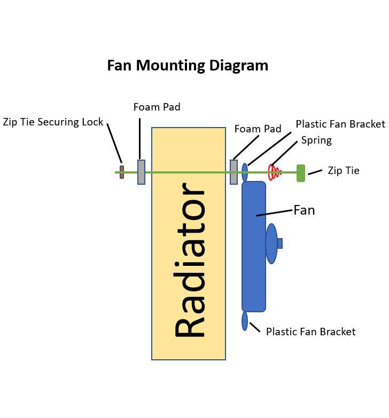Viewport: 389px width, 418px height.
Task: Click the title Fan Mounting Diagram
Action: click(x=188, y=66)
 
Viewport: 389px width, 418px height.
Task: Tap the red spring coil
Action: click(x=274, y=172)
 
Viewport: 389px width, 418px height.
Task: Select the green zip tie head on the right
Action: click(x=301, y=173)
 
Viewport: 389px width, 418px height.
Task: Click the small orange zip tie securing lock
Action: click(x=122, y=172)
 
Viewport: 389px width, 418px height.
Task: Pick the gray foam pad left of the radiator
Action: click(x=141, y=172)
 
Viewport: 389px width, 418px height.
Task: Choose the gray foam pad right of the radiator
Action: click(x=234, y=172)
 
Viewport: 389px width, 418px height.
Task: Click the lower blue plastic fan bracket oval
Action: click(x=245, y=321)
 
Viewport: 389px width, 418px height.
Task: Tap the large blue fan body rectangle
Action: click(x=253, y=267)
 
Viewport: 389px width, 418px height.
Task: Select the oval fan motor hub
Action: click(x=271, y=243)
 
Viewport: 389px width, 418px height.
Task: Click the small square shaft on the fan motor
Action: click(x=279, y=243)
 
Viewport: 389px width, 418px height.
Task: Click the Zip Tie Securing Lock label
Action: click(x=53, y=122)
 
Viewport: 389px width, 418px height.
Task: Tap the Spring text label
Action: click(x=316, y=140)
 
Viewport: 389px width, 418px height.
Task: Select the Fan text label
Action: click(x=304, y=210)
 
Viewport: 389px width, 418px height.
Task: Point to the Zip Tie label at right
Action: click(x=343, y=171)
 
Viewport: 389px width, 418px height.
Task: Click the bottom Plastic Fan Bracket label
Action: click(x=310, y=332)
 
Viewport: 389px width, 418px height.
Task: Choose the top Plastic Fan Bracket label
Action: click(x=340, y=124)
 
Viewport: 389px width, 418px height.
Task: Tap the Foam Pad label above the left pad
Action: click(x=157, y=107)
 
